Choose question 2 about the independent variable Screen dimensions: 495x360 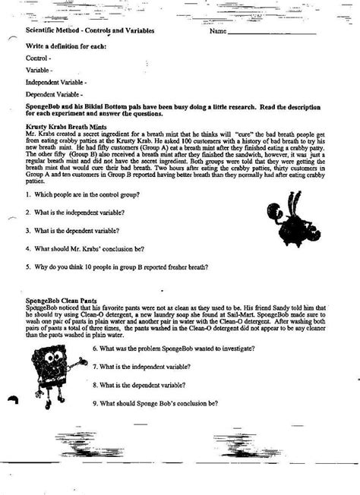pyautogui.click(x=78, y=212)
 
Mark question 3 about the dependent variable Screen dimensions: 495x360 pyautogui.click(x=77, y=229)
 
